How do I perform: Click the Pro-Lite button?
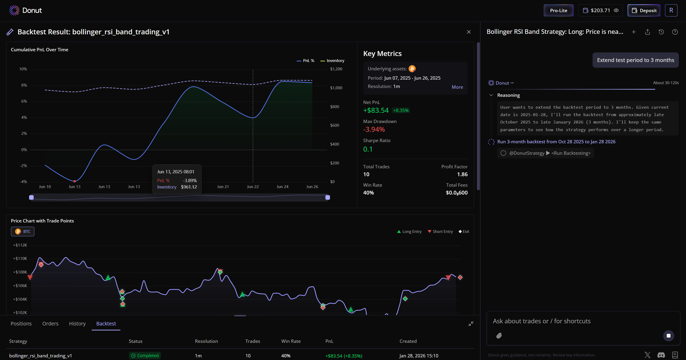click(558, 10)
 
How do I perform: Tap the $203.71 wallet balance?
click(600, 10)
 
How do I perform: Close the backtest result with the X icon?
click(469, 32)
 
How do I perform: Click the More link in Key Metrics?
click(457, 87)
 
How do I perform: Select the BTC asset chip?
click(23, 231)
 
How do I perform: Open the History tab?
click(77, 324)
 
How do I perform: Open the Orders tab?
click(50, 324)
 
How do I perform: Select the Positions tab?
click(21, 324)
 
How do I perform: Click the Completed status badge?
click(145, 355)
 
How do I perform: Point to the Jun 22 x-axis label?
click(252, 187)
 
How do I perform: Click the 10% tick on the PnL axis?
click(23, 69)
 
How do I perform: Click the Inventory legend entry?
click(332, 61)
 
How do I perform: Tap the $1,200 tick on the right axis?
click(336, 69)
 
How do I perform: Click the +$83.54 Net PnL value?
click(376, 110)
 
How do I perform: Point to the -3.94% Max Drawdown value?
click(374, 129)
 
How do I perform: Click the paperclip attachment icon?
click(499, 335)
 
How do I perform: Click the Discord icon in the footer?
click(661, 355)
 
